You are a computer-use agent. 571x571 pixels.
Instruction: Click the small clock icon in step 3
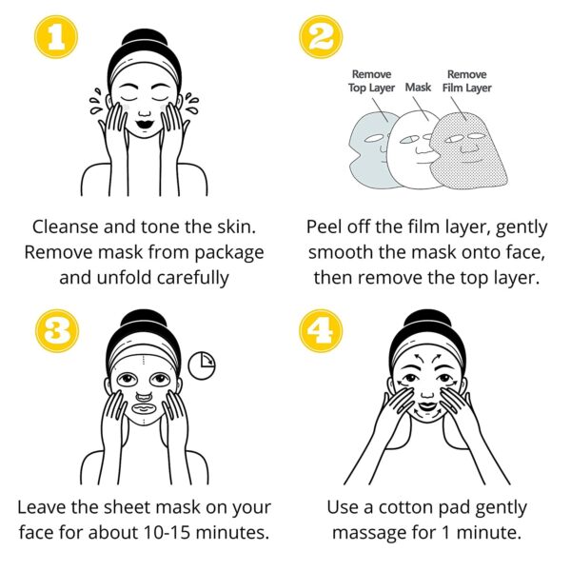(201, 364)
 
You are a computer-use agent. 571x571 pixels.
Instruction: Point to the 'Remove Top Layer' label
(371, 81)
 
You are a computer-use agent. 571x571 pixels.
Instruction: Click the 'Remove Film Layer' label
(467, 81)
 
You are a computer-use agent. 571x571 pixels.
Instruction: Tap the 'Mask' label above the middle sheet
(418, 88)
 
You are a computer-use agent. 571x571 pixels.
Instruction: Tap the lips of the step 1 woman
(146, 126)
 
